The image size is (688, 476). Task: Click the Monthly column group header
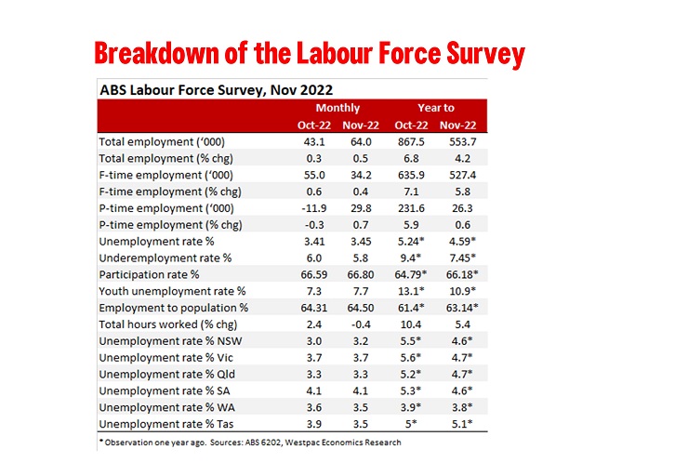pos(337,109)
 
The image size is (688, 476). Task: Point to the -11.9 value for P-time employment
pos(312,208)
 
